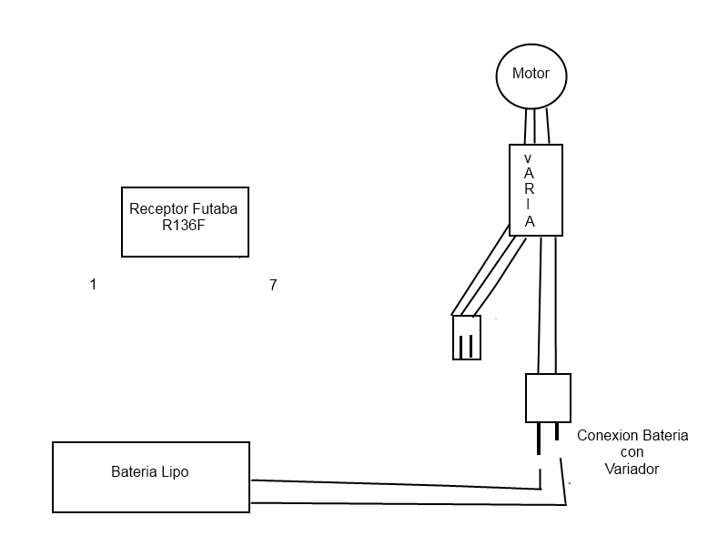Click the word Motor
point(531,74)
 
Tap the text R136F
point(185,226)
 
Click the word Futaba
point(214,208)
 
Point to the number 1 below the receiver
point(93,285)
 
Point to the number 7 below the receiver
point(273,286)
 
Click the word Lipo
point(176,472)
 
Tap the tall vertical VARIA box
point(535,189)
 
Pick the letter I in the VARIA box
point(529,206)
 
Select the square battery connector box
point(548,398)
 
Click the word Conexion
point(607,436)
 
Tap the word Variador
point(632,469)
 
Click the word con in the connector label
point(632,452)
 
